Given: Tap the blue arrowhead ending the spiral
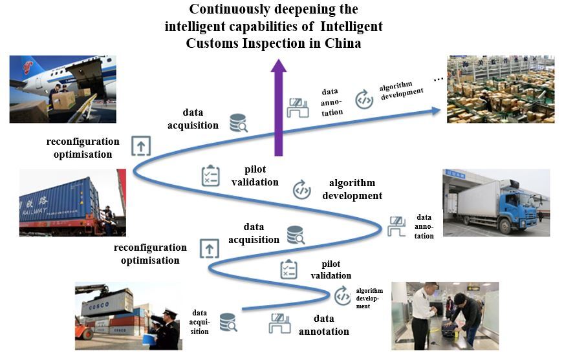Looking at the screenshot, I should click(x=435, y=111).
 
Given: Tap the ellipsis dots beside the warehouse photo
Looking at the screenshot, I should click(x=439, y=79).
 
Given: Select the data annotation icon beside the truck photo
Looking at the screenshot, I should click(x=396, y=226).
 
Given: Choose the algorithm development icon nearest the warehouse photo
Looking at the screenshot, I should click(x=364, y=100).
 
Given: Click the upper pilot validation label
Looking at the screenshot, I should click(x=255, y=176).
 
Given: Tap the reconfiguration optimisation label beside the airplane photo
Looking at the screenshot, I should click(x=83, y=147).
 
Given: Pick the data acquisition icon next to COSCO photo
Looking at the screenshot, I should click(x=228, y=321).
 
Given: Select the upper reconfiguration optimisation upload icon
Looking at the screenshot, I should click(x=141, y=146).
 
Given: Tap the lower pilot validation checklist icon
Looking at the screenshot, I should click(x=288, y=270).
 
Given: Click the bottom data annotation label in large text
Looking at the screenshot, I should click(x=323, y=325).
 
